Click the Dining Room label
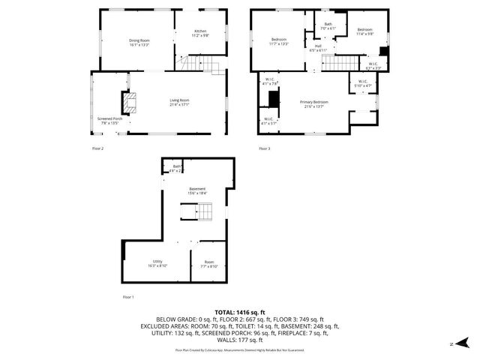[x=139, y=42]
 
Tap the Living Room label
[x=178, y=102]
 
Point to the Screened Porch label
[x=109, y=120]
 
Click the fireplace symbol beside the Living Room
[x=130, y=102]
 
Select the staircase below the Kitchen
[x=203, y=66]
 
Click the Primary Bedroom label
[x=314, y=103]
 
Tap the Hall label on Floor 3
[x=318, y=48]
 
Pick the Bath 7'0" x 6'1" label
[x=328, y=26]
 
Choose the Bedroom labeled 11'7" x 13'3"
[x=279, y=41]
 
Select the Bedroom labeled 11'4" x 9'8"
[x=364, y=31]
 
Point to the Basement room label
[x=197, y=190]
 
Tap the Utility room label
[x=157, y=263]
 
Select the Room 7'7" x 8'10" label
[x=209, y=264]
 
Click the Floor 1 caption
[x=127, y=298]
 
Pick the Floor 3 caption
[x=264, y=149]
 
